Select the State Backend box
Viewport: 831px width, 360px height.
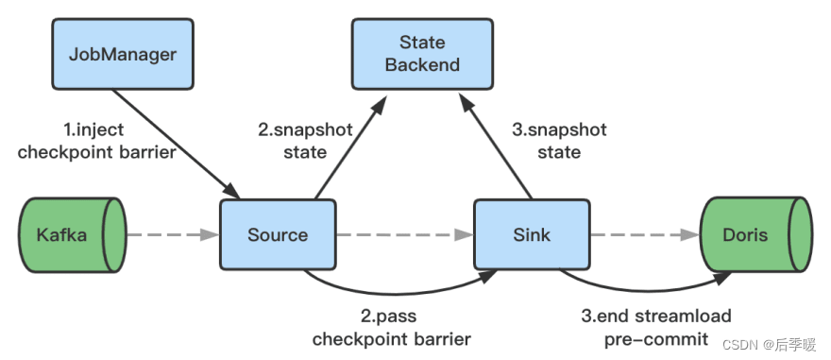click(422, 53)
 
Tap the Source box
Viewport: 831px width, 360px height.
click(279, 232)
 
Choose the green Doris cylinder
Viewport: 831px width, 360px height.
click(755, 232)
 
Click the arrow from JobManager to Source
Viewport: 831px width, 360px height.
click(176, 142)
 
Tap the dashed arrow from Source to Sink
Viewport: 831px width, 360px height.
click(404, 233)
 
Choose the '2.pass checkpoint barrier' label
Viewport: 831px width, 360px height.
click(391, 327)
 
